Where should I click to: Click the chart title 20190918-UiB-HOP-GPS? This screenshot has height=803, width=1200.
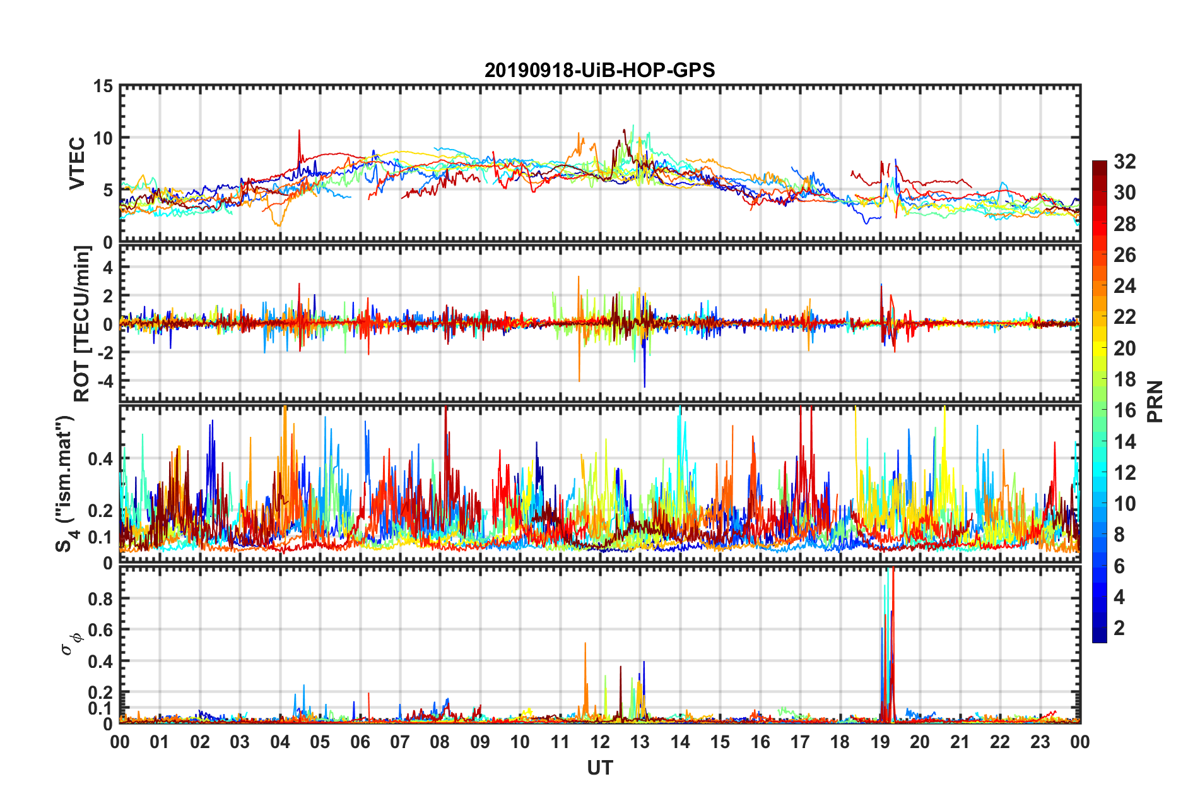[599, 70]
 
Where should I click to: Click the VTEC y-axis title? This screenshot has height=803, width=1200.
[76, 164]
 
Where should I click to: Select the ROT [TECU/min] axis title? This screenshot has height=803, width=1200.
[82, 323]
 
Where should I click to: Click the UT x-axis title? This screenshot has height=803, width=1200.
[599, 768]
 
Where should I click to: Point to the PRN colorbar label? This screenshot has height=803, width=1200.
[1155, 401]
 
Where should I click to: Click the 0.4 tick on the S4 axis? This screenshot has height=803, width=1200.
[100, 458]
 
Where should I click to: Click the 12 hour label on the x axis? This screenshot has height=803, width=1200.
[600, 742]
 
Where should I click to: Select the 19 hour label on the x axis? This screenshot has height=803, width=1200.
[880, 742]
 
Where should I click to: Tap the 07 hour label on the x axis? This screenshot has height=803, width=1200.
[400, 742]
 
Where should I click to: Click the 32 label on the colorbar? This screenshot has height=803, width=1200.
[1125, 162]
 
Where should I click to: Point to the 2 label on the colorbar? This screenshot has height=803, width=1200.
[1120, 628]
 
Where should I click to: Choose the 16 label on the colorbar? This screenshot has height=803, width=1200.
[1125, 410]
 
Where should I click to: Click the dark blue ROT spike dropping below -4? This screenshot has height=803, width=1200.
[644, 384]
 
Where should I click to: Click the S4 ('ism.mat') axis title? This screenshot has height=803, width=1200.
[66, 484]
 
